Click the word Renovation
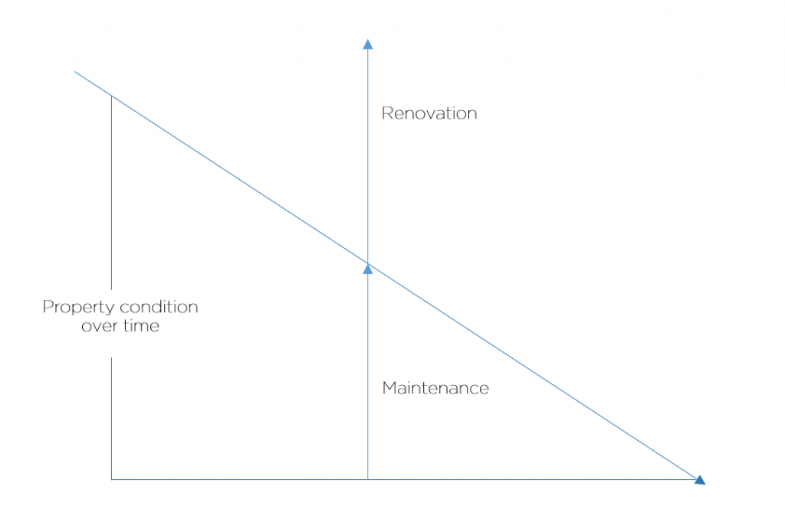pos(429,113)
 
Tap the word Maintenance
pos(435,388)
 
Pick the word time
pos(141,325)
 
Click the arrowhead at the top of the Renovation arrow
pos(368,44)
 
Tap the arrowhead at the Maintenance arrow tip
pos(368,269)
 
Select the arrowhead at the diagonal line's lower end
pos(701,481)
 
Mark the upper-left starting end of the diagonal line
pos(74,71)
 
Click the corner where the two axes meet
pos(111,479)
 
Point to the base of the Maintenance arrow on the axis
pos(368,479)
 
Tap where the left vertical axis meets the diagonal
pos(111,96)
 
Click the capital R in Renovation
pos(387,113)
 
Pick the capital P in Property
pos(48,306)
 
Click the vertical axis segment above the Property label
pos(111,192)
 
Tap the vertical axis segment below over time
pos(111,419)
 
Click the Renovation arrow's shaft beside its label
pos(368,113)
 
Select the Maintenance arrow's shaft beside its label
pos(368,388)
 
